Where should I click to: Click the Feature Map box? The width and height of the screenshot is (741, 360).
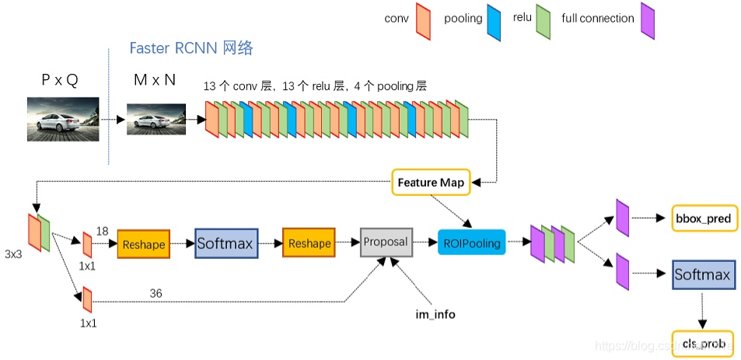click(x=431, y=183)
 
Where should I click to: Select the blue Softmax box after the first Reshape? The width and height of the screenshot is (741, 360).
click(x=225, y=243)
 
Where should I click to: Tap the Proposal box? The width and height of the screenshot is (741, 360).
click(x=385, y=242)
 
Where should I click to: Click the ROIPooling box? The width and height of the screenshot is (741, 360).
click(x=471, y=243)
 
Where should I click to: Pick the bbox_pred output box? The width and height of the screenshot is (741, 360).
click(x=702, y=218)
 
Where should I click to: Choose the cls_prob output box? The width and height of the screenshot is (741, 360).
click(x=702, y=343)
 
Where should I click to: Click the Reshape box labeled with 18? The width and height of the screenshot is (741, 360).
click(x=143, y=244)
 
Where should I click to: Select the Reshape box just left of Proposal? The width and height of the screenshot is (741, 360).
click(x=309, y=243)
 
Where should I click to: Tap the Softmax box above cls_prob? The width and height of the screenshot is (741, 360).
click(x=702, y=274)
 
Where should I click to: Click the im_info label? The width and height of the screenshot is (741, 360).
click(x=435, y=314)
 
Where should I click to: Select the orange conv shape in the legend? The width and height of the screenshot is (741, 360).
click(x=424, y=20)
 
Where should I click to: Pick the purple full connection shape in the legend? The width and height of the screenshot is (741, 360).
click(x=648, y=22)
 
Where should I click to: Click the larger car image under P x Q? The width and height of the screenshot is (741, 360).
click(x=63, y=119)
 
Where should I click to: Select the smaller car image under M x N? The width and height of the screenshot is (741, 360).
click(x=156, y=120)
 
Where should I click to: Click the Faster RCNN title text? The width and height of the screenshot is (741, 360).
click(x=191, y=48)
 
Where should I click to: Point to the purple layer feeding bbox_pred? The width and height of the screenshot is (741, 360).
click(x=622, y=217)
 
